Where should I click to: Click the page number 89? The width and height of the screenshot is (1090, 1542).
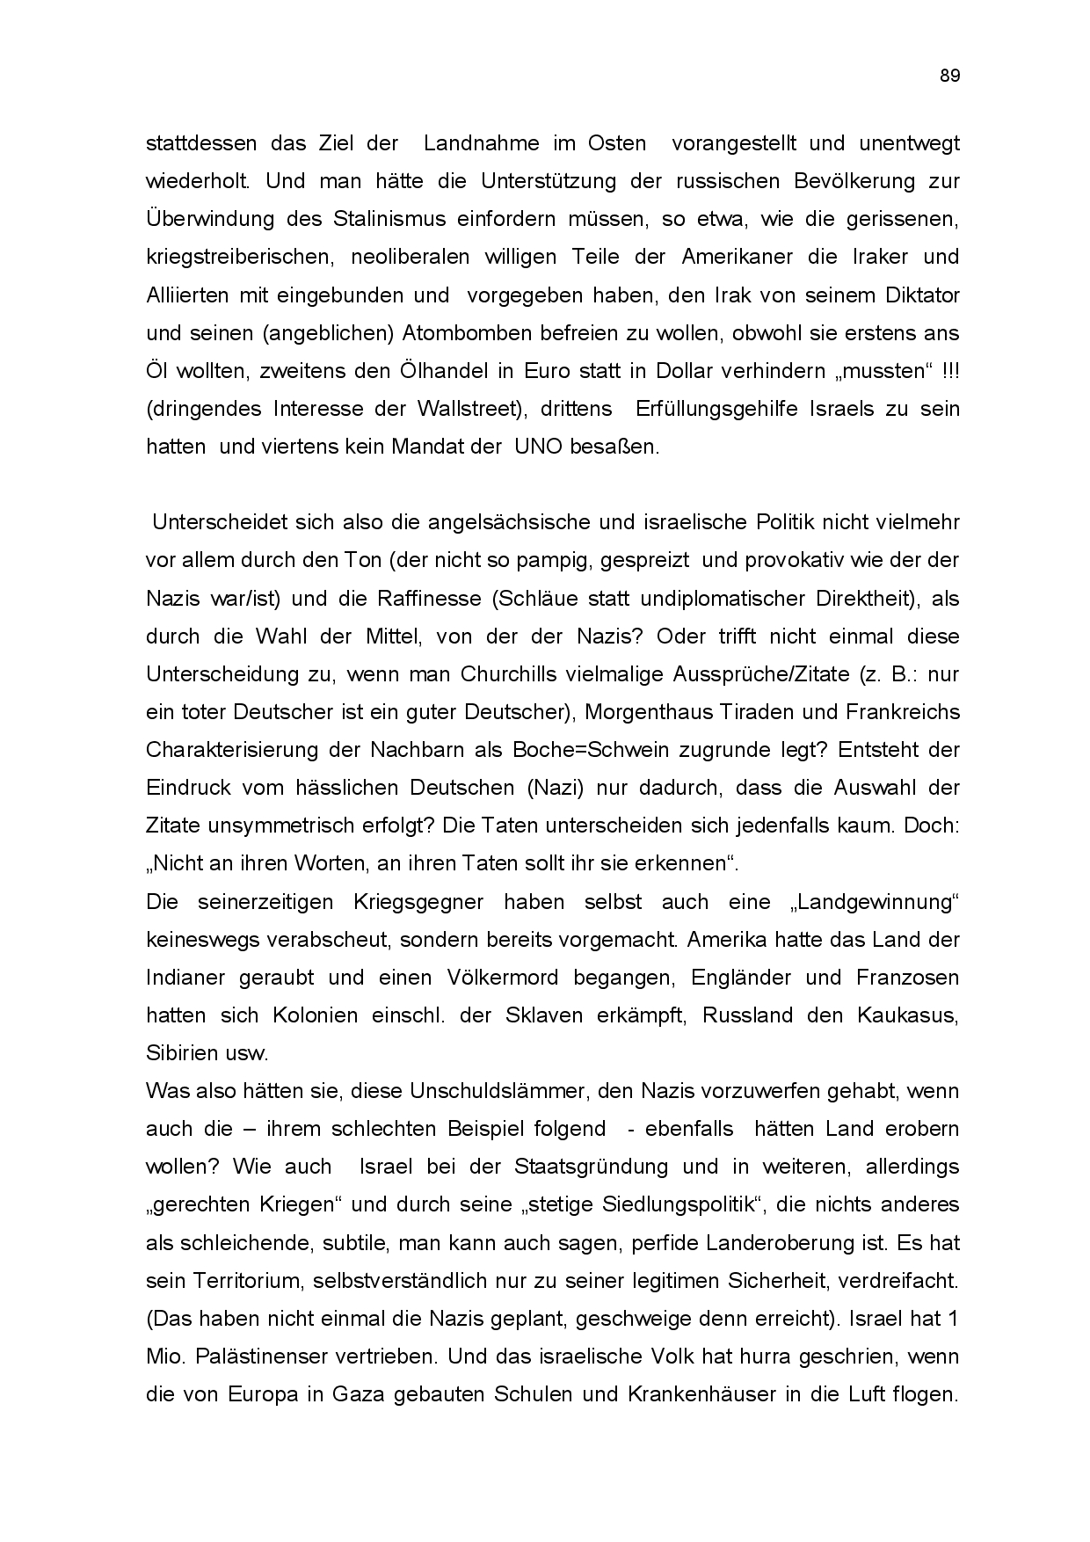click(949, 76)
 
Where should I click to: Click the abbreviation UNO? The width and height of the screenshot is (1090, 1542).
click(535, 447)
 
